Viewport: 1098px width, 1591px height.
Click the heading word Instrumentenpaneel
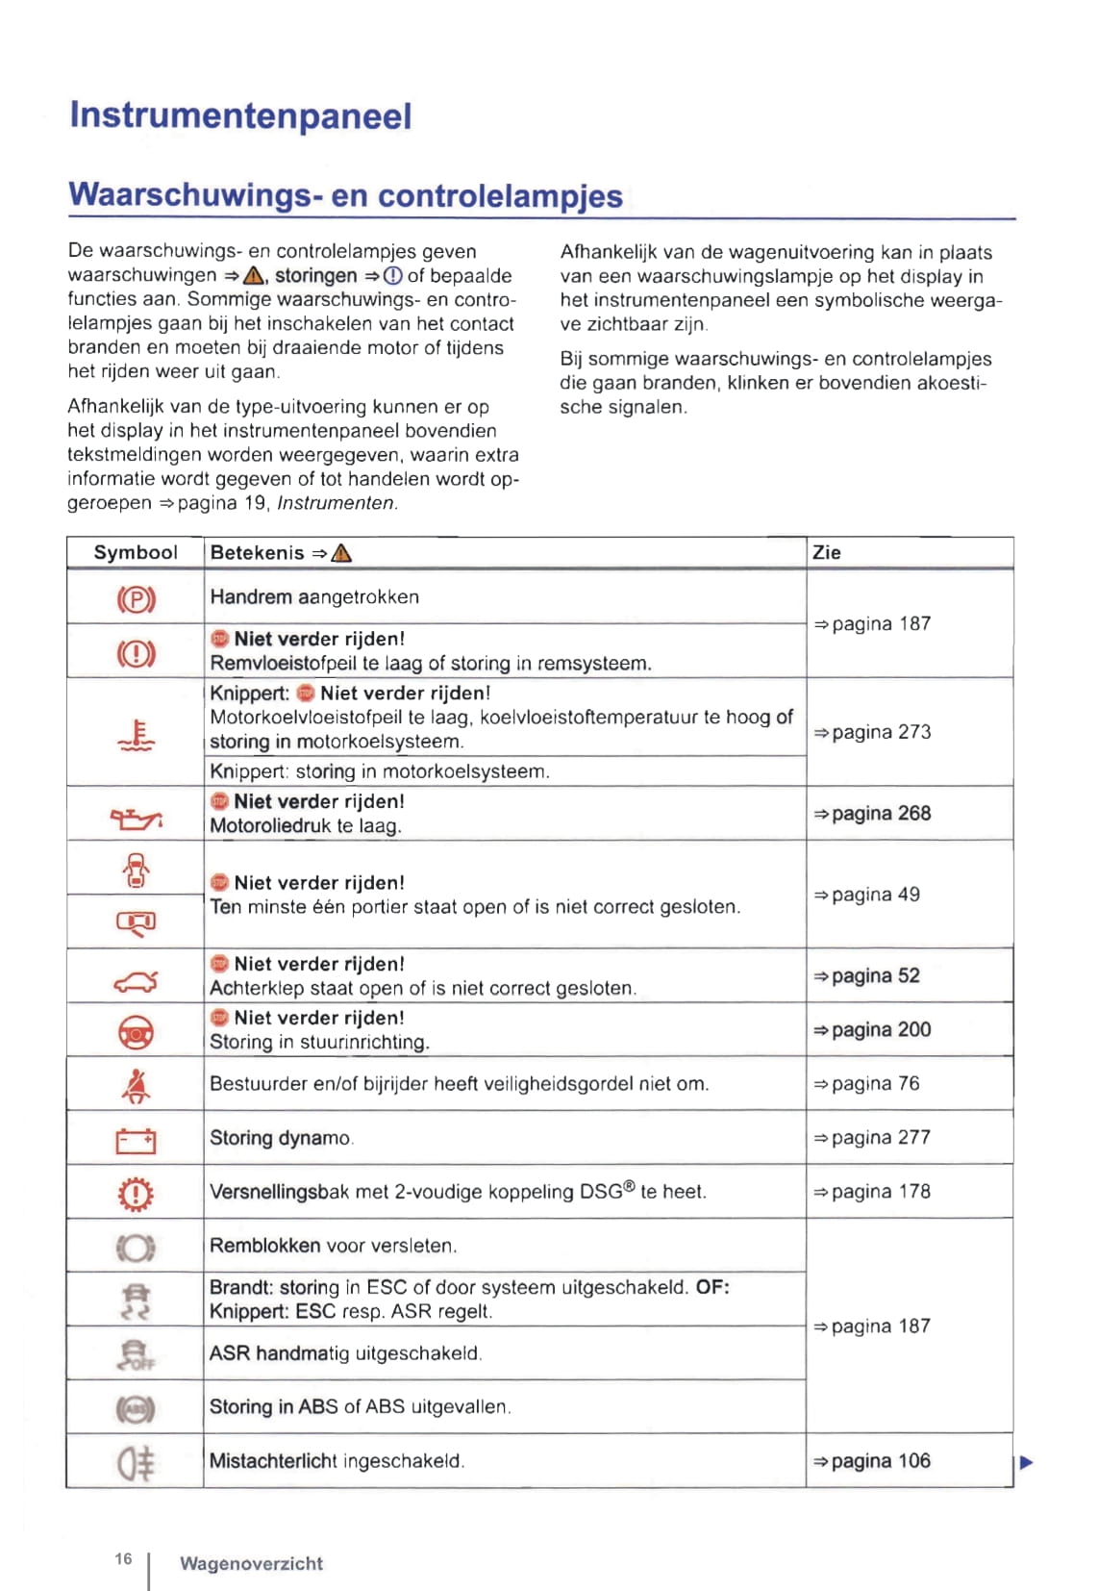tap(240, 116)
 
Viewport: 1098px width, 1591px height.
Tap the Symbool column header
tap(136, 553)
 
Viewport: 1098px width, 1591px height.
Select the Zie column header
tap(827, 553)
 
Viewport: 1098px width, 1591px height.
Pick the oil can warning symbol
tap(136, 818)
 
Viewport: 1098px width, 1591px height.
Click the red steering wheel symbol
tap(136, 1033)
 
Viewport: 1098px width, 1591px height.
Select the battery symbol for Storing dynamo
tap(136, 1141)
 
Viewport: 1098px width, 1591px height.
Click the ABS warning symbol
tap(136, 1409)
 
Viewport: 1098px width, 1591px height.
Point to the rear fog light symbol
tap(136, 1463)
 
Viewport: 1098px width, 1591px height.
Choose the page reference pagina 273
tap(872, 732)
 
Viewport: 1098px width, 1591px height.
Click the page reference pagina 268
tap(872, 814)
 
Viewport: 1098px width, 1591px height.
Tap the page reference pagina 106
tap(872, 1461)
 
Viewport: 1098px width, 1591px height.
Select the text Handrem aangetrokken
tap(314, 597)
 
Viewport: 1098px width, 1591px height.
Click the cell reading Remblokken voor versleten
tap(333, 1246)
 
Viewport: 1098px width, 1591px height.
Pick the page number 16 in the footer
tap(123, 1558)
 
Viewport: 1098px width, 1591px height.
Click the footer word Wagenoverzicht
tap(251, 1564)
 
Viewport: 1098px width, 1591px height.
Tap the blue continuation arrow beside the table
tap(1026, 1463)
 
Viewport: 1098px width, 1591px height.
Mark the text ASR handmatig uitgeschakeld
tap(345, 1353)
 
